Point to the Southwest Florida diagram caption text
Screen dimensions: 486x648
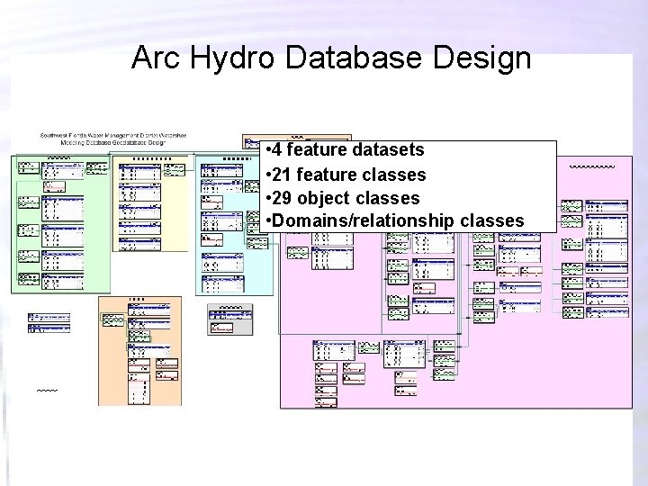coord(112,139)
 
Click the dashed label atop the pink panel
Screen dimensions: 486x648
coord(592,166)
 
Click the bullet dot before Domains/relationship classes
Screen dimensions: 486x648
coord(270,220)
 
